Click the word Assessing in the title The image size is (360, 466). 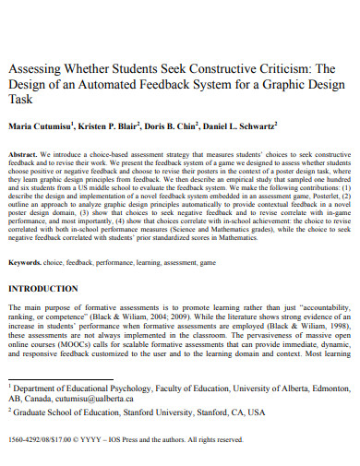[38, 69]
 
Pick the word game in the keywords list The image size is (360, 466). [209, 263]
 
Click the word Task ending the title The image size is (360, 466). [21, 102]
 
